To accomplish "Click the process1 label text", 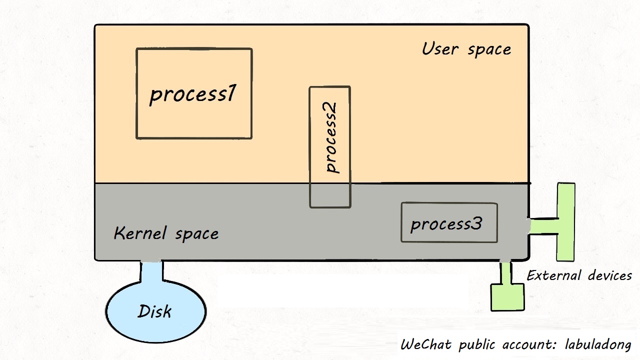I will (x=192, y=94).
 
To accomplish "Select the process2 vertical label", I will (x=330, y=137).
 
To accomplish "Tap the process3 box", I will (x=449, y=223).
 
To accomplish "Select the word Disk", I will (x=155, y=311).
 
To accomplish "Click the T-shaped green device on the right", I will (x=565, y=222).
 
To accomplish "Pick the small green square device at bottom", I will (x=507, y=296).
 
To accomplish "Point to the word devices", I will (x=609, y=275).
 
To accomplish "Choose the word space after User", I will (x=489, y=49).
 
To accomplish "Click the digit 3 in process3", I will (x=477, y=223).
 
